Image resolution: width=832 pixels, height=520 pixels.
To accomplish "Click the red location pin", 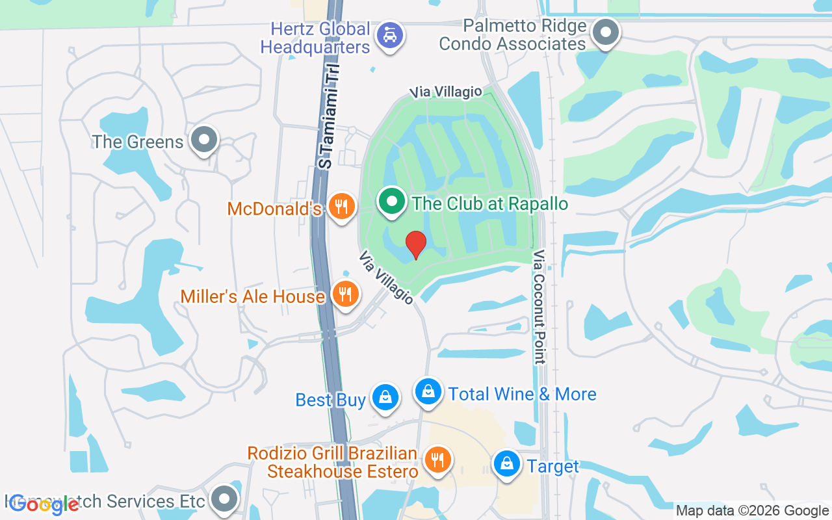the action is (x=416, y=245).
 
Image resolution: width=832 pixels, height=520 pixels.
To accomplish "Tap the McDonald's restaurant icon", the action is (x=341, y=207).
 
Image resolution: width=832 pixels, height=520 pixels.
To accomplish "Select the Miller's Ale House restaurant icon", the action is (x=346, y=294).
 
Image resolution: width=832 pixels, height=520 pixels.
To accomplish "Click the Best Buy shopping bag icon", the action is (x=385, y=397).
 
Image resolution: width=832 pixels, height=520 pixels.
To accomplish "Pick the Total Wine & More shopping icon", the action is (x=428, y=392).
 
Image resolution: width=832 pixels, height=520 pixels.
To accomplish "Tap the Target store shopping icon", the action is (x=506, y=465).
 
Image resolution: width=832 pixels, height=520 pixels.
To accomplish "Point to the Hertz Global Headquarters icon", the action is (x=389, y=34).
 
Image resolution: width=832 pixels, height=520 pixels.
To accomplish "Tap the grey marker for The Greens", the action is (x=205, y=140).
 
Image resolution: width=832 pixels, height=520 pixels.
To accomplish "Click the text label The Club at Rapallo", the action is (x=490, y=203).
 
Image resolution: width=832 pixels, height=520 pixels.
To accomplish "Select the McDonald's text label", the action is (x=274, y=209).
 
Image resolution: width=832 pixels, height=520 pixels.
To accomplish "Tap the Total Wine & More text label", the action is (x=522, y=394).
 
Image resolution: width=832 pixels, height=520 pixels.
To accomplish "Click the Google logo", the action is (x=44, y=504).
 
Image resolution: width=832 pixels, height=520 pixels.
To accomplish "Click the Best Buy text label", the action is (x=330, y=400).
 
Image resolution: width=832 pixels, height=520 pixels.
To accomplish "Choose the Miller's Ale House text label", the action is (x=252, y=296).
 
